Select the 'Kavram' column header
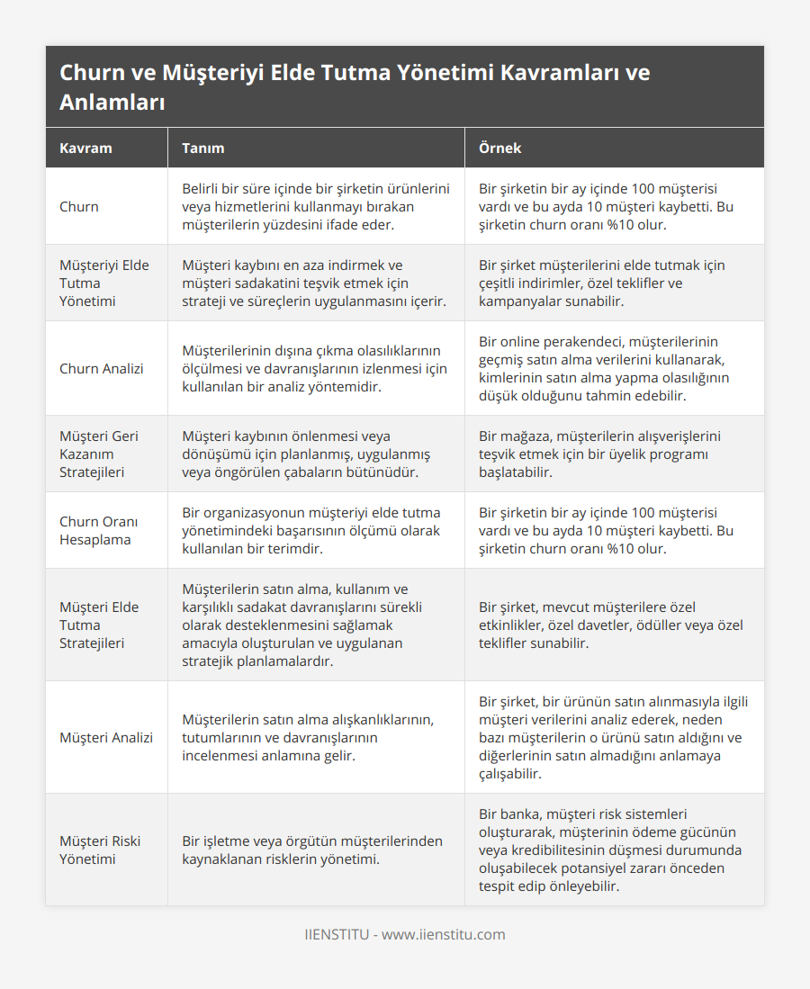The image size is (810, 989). tap(85, 148)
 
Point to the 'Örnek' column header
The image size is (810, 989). tap(499, 148)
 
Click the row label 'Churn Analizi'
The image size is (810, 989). tap(100, 368)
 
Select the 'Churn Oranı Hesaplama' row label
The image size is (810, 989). tap(95, 530)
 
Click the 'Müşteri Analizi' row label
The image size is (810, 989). tap(106, 737)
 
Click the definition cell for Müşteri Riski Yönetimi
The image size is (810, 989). tap(312, 850)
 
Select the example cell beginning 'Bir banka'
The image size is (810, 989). tap(614, 850)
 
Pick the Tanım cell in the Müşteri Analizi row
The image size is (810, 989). tap(308, 737)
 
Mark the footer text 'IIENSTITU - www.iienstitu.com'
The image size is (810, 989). tap(404, 934)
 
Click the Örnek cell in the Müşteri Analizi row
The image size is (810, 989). tap(613, 737)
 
